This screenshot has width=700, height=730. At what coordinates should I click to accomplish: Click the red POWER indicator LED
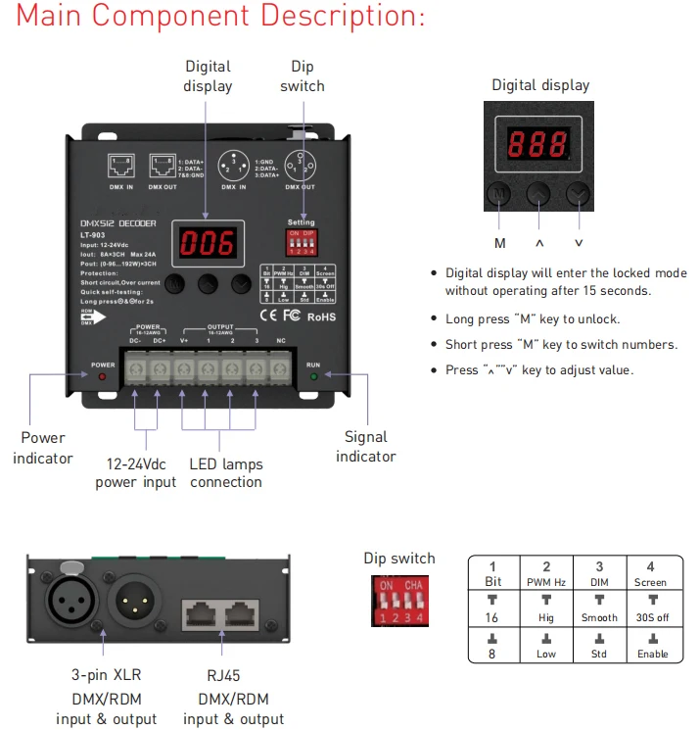(103, 376)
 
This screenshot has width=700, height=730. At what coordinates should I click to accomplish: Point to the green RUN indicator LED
(313, 376)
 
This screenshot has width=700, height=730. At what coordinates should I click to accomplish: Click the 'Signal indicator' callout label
(366, 447)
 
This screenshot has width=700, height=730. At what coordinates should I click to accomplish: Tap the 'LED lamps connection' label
(226, 473)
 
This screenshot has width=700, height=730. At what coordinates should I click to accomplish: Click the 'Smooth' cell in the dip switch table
(599, 617)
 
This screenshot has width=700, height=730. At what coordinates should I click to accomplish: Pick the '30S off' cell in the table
(651, 617)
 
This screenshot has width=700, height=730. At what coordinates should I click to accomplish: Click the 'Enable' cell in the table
(651, 653)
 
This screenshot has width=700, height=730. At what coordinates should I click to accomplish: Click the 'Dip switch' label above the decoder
(303, 76)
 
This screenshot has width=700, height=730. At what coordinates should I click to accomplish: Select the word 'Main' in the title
(60, 17)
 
